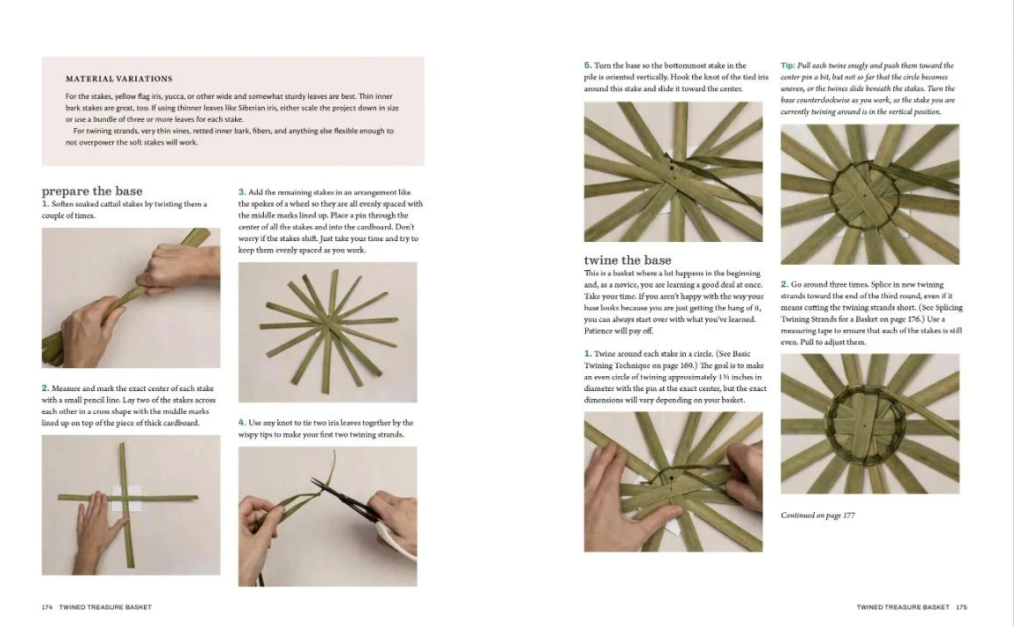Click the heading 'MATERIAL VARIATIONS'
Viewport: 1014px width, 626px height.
tap(118, 79)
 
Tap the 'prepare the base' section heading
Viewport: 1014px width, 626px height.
tap(91, 191)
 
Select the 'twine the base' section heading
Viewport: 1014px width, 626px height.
tap(627, 260)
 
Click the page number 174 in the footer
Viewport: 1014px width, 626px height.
tap(46, 607)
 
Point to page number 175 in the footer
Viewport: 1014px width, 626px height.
tap(961, 607)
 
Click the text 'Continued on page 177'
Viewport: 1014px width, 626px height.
tap(818, 516)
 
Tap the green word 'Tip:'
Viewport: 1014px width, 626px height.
tap(789, 66)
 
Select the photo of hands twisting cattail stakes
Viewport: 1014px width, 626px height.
tap(131, 297)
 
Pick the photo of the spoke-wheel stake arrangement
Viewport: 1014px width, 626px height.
tap(327, 331)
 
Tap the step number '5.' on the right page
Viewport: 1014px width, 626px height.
tap(588, 66)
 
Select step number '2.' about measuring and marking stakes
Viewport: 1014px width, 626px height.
tap(46, 388)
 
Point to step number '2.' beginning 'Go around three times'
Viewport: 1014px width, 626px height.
tap(785, 284)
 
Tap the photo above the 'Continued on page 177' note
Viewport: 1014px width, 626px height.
tap(869, 423)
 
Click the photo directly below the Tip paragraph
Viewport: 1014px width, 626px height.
tap(869, 195)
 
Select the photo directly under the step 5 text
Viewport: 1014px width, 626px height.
tap(673, 172)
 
